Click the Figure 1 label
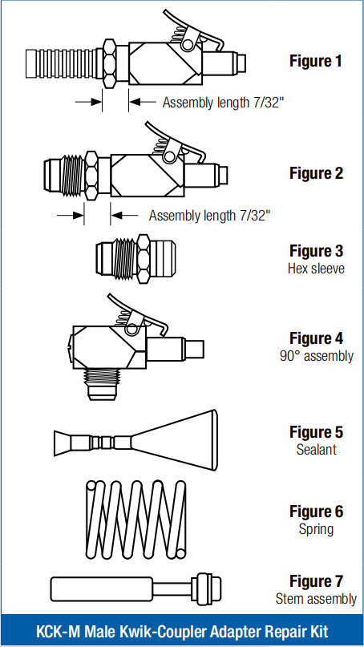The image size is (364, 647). pos(316,61)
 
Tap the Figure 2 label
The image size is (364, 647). pos(316,173)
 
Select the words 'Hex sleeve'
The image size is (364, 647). pos(316,269)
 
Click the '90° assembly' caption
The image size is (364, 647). pos(316,356)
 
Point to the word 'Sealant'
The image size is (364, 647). pos(316,449)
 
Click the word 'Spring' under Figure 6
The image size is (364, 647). pos(316,529)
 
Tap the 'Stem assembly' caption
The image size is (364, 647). pos(316,598)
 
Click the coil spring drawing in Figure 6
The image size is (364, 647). pos(135,520)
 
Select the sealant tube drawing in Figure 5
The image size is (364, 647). pos(135,441)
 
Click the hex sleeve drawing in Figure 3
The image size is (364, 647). pos(135,259)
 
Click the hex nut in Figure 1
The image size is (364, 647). pos(109,63)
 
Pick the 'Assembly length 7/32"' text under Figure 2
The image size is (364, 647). pos(210,215)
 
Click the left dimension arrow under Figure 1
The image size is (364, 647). pos(88,101)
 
